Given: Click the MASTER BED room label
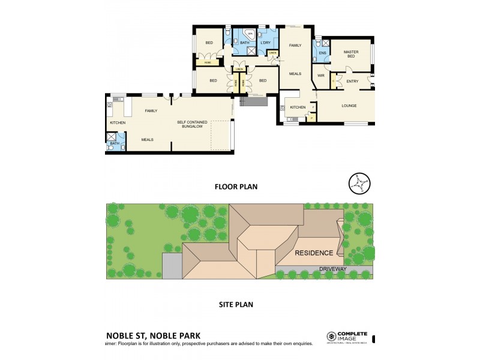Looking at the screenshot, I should pos(351,55).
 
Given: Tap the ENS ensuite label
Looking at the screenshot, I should pos(322,53).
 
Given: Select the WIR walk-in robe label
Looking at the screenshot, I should pos(321,76).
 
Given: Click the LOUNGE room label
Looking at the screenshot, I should pos(349,106).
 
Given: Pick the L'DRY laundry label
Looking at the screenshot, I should pos(266,43).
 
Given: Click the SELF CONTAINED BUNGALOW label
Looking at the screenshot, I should pos(191,124).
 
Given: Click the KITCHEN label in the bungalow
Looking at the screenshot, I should pos(118,123).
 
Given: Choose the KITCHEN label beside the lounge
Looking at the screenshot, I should pos(298,107).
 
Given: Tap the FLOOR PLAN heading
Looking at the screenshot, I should pos(236,187).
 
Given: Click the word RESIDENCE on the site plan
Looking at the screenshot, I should pos(314,253).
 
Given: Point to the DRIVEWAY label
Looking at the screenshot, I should pos(332,269).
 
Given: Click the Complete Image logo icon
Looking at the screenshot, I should pos(331,337).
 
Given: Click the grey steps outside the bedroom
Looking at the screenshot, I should pos(252,101).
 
